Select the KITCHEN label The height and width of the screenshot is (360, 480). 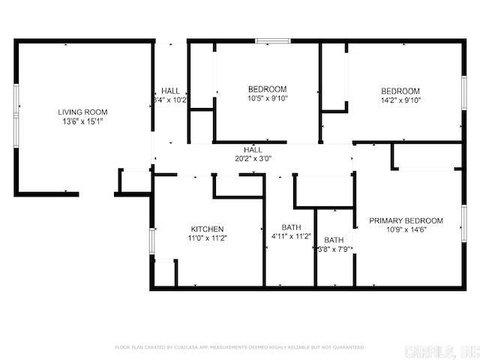[x=207, y=229]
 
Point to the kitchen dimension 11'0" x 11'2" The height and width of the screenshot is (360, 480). [x=207, y=238]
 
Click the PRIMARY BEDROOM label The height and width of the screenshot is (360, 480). [x=406, y=220]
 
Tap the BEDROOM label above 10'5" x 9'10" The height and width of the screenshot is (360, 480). [x=267, y=89]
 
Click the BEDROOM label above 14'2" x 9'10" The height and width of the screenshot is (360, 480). [x=400, y=91]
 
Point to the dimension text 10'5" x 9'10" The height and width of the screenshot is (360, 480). [x=267, y=98]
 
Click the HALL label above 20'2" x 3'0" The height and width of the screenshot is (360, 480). [x=253, y=150]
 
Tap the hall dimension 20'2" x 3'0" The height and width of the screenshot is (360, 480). [x=253, y=158]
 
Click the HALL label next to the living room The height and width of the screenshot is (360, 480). [x=170, y=91]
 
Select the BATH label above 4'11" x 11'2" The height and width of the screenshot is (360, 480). [x=291, y=227]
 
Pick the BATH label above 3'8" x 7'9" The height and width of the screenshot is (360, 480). [x=334, y=240]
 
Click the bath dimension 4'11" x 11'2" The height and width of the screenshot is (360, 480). [x=291, y=236]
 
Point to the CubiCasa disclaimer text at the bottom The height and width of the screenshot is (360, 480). [x=240, y=347]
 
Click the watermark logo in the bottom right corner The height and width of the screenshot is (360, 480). [x=440, y=351]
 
